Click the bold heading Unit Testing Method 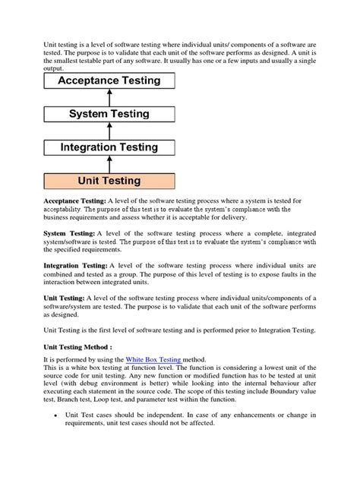click(x=74, y=344)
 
